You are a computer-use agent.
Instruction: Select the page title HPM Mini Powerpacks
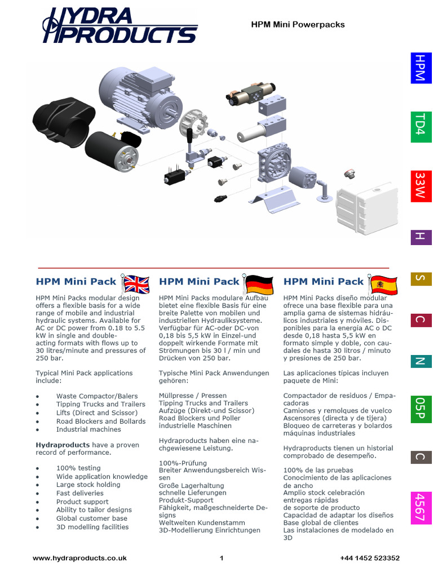pyautogui.click(x=297, y=25)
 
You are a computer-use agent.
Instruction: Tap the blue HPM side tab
pyautogui.click(x=419, y=68)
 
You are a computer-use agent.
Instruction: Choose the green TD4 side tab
pyautogui.click(x=419, y=126)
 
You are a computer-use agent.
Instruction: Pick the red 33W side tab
pyautogui.click(x=419, y=185)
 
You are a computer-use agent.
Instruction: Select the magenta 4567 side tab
pyautogui.click(x=419, y=507)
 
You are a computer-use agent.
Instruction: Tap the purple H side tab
pyautogui.click(x=419, y=237)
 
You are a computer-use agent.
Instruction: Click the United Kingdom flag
pyautogui.click(x=136, y=284)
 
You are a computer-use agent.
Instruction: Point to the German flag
pyautogui.click(x=259, y=284)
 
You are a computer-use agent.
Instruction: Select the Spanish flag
pyautogui.click(x=383, y=284)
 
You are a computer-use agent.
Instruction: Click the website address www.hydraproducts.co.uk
pyautogui.click(x=79, y=558)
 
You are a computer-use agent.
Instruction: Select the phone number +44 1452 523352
pyautogui.click(x=370, y=558)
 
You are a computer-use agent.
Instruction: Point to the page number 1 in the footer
pyautogui.click(x=222, y=558)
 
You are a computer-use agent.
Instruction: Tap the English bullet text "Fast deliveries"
pyautogui.click(x=79, y=493)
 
